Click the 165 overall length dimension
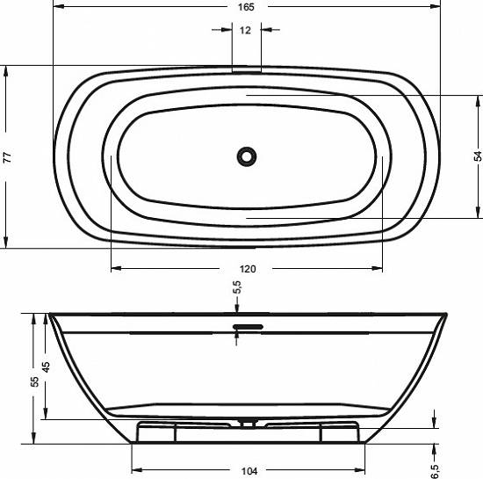click(x=246, y=7)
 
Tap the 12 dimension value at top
click(x=245, y=30)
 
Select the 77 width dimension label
click(x=7, y=157)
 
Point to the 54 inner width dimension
click(x=478, y=156)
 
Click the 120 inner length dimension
click(x=248, y=269)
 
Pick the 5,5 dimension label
click(x=237, y=287)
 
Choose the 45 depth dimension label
click(x=46, y=367)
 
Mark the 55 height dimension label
click(x=34, y=381)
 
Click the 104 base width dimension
click(x=249, y=471)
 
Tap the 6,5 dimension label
click(x=435, y=472)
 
